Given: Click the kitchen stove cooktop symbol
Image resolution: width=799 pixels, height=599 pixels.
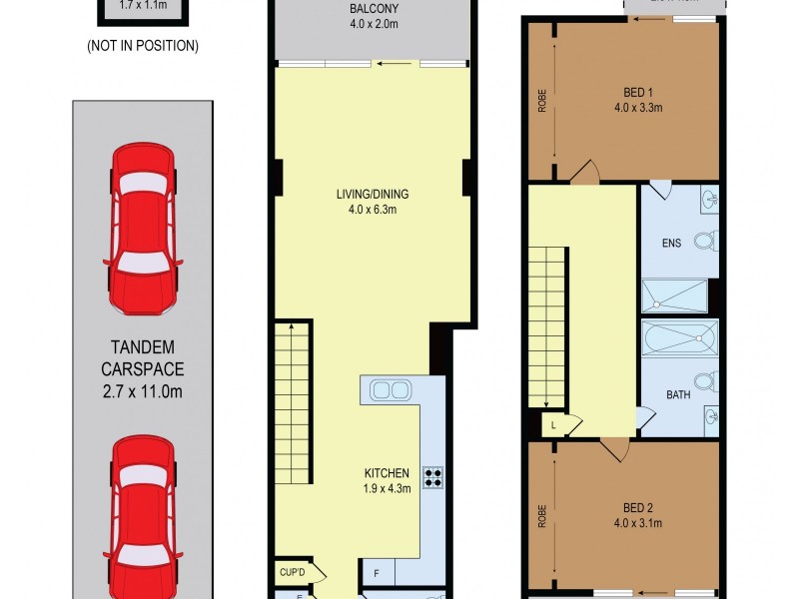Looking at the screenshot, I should tap(433, 477).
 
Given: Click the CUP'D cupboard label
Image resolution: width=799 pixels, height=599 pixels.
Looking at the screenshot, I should tap(293, 573).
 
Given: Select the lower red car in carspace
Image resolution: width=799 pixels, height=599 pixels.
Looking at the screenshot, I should tap(144, 514).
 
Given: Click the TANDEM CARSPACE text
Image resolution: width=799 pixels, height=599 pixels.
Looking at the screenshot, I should tap(144, 369).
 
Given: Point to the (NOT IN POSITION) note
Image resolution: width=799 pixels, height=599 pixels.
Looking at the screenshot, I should tap(143, 45).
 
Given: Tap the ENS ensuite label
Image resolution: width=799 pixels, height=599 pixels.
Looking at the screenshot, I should tap(670, 242).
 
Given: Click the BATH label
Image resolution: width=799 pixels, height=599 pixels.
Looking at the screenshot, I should tap(678, 395).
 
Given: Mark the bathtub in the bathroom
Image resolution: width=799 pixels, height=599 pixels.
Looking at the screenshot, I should tap(680, 338).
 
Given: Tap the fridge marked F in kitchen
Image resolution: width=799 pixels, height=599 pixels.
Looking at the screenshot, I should tap(376, 574).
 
